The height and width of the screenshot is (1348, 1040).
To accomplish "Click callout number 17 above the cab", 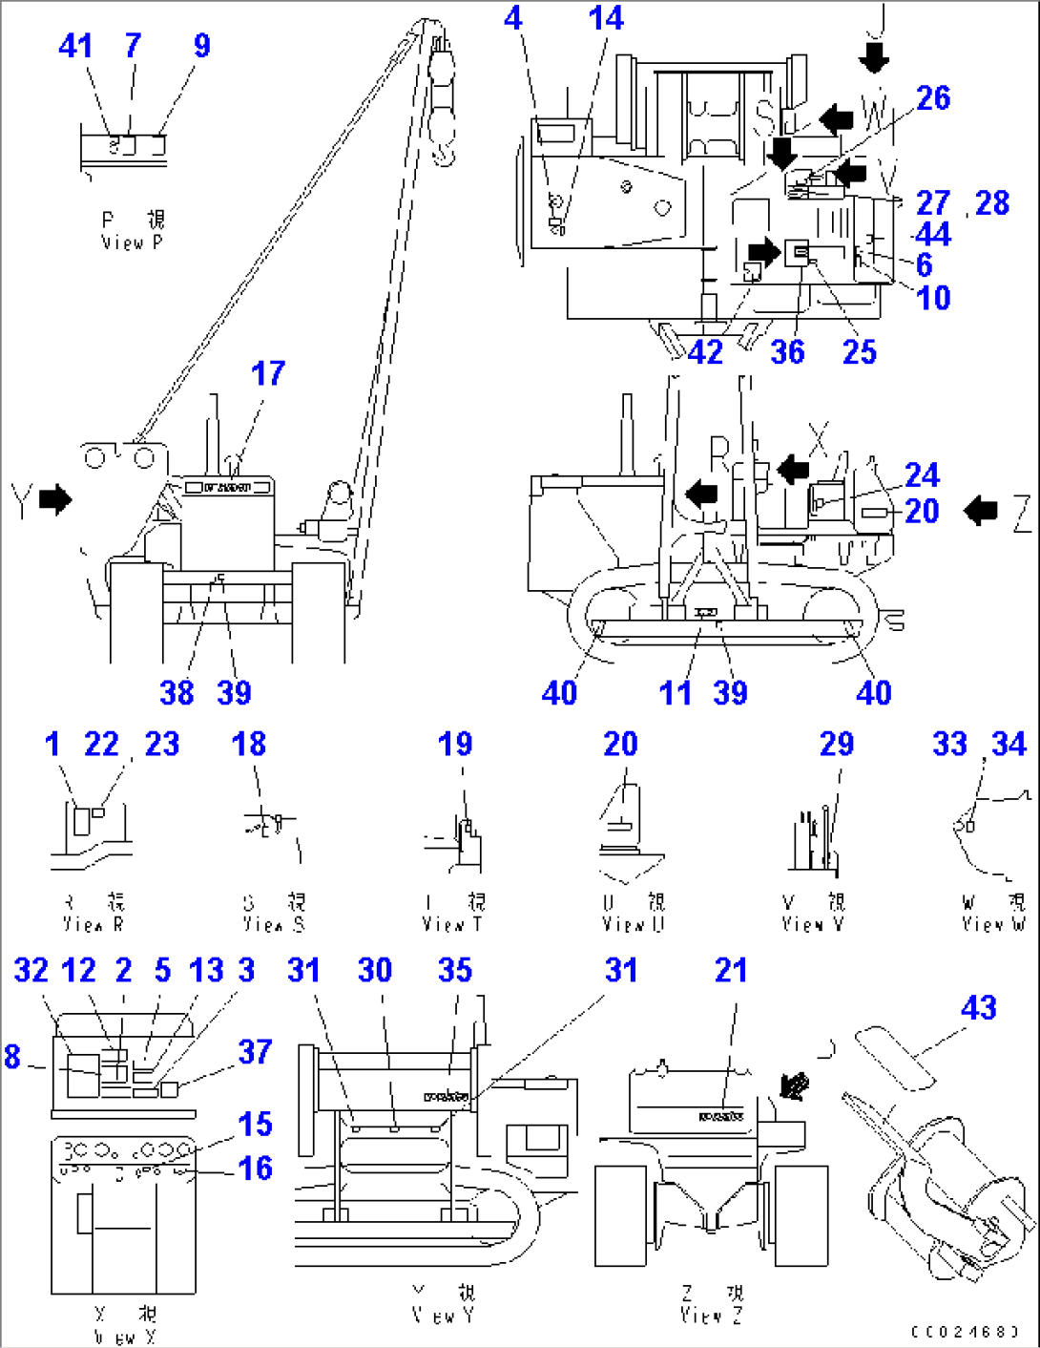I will pyautogui.click(x=268, y=373).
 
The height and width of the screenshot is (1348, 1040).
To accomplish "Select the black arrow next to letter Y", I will pyautogui.click(x=56, y=499).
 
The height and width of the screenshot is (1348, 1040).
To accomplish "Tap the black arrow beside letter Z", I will pyautogui.click(x=980, y=511).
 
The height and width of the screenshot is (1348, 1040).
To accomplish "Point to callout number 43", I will pyautogui.click(x=978, y=1007).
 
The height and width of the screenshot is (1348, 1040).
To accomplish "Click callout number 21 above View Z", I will pyautogui.click(x=731, y=970).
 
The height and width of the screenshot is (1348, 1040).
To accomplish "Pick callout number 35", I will pyautogui.click(x=455, y=970).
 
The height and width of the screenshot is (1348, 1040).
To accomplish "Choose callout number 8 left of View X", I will pyautogui.click(x=11, y=1056).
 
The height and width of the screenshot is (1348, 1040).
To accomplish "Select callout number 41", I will pyautogui.click(x=75, y=46).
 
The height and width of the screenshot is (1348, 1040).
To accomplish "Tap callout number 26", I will pyautogui.click(x=933, y=97).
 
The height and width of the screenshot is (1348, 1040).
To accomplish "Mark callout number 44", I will pyautogui.click(x=933, y=234).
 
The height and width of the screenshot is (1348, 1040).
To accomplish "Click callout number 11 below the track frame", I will pyautogui.click(x=675, y=693).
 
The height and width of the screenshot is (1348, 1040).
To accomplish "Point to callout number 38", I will pyautogui.click(x=177, y=693).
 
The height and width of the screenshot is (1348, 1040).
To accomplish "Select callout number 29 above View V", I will pyautogui.click(x=837, y=744).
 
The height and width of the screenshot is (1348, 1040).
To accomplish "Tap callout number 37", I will pyautogui.click(x=255, y=1052).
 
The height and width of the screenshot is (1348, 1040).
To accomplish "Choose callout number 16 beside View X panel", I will pyautogui.click(x=255, y=1168).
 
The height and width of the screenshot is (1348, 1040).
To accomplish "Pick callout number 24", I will pyautogui.click(x=922, y=474).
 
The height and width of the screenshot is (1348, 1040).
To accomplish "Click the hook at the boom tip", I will pyautogui.click(x=443, y=143).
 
